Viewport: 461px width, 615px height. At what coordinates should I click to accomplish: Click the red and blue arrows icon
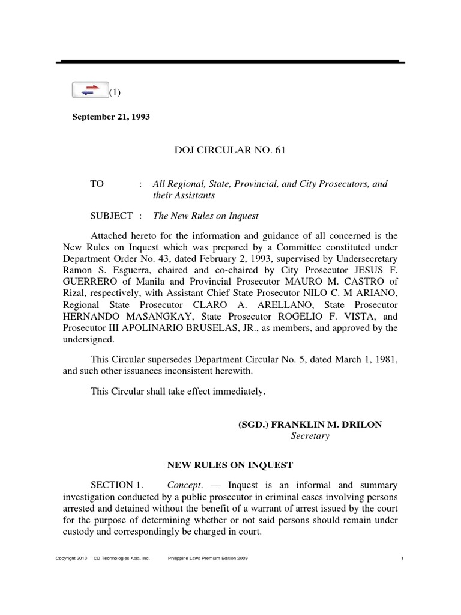90,90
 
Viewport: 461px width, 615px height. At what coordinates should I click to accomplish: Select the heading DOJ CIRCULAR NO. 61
229,150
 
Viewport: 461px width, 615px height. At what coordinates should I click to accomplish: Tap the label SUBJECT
111,216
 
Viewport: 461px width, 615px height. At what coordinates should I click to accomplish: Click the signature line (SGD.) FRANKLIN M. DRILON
310,424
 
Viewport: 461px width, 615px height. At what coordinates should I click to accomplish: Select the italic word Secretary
310,437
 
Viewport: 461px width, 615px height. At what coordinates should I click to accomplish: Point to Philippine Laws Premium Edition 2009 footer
206,559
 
